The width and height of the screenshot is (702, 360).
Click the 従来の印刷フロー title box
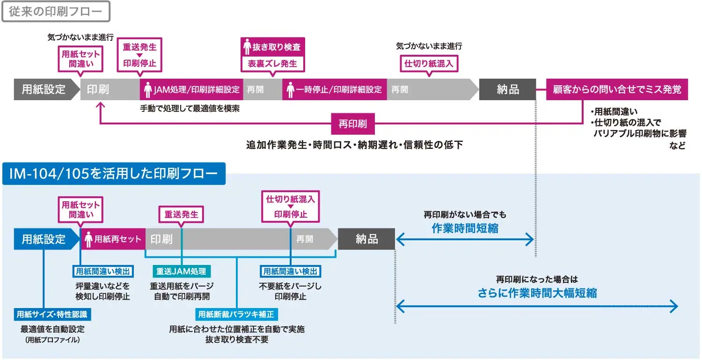[56, 12]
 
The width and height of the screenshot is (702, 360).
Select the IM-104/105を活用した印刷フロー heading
[114, 174]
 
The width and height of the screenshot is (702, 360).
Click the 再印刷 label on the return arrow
[352, 124]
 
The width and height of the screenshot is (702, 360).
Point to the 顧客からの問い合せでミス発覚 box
[617, 89]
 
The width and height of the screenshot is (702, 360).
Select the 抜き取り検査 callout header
[273, 47]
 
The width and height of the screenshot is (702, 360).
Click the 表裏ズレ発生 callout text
[273, 64]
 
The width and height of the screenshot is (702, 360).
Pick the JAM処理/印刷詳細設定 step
[191, 89]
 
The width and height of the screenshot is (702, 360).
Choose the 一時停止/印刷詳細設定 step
[334, 89]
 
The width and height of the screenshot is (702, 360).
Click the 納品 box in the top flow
[507, 89]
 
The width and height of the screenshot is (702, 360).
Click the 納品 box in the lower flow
[366, 239]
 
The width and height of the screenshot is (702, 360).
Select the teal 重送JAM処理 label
[181, 271]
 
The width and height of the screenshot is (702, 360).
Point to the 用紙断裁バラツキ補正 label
[236, 314]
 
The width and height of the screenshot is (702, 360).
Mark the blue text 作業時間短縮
[465, 228]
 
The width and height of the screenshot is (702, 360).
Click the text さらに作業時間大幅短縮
[537, 293]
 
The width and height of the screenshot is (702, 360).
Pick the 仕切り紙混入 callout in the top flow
[429, 64]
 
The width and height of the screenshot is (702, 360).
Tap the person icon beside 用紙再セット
[88, 239]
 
